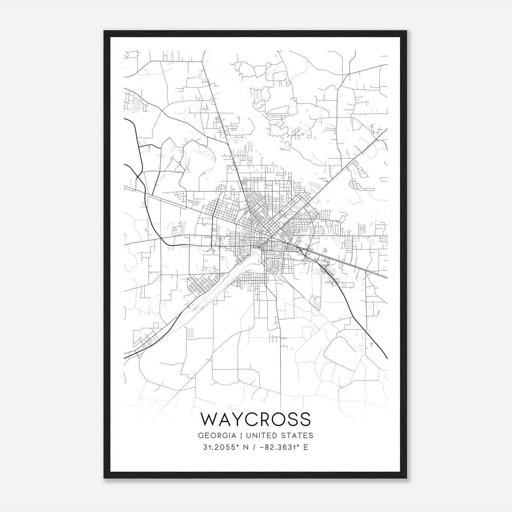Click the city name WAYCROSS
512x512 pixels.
256,419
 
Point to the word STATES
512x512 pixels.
299,436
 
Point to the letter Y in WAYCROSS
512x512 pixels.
238,419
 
